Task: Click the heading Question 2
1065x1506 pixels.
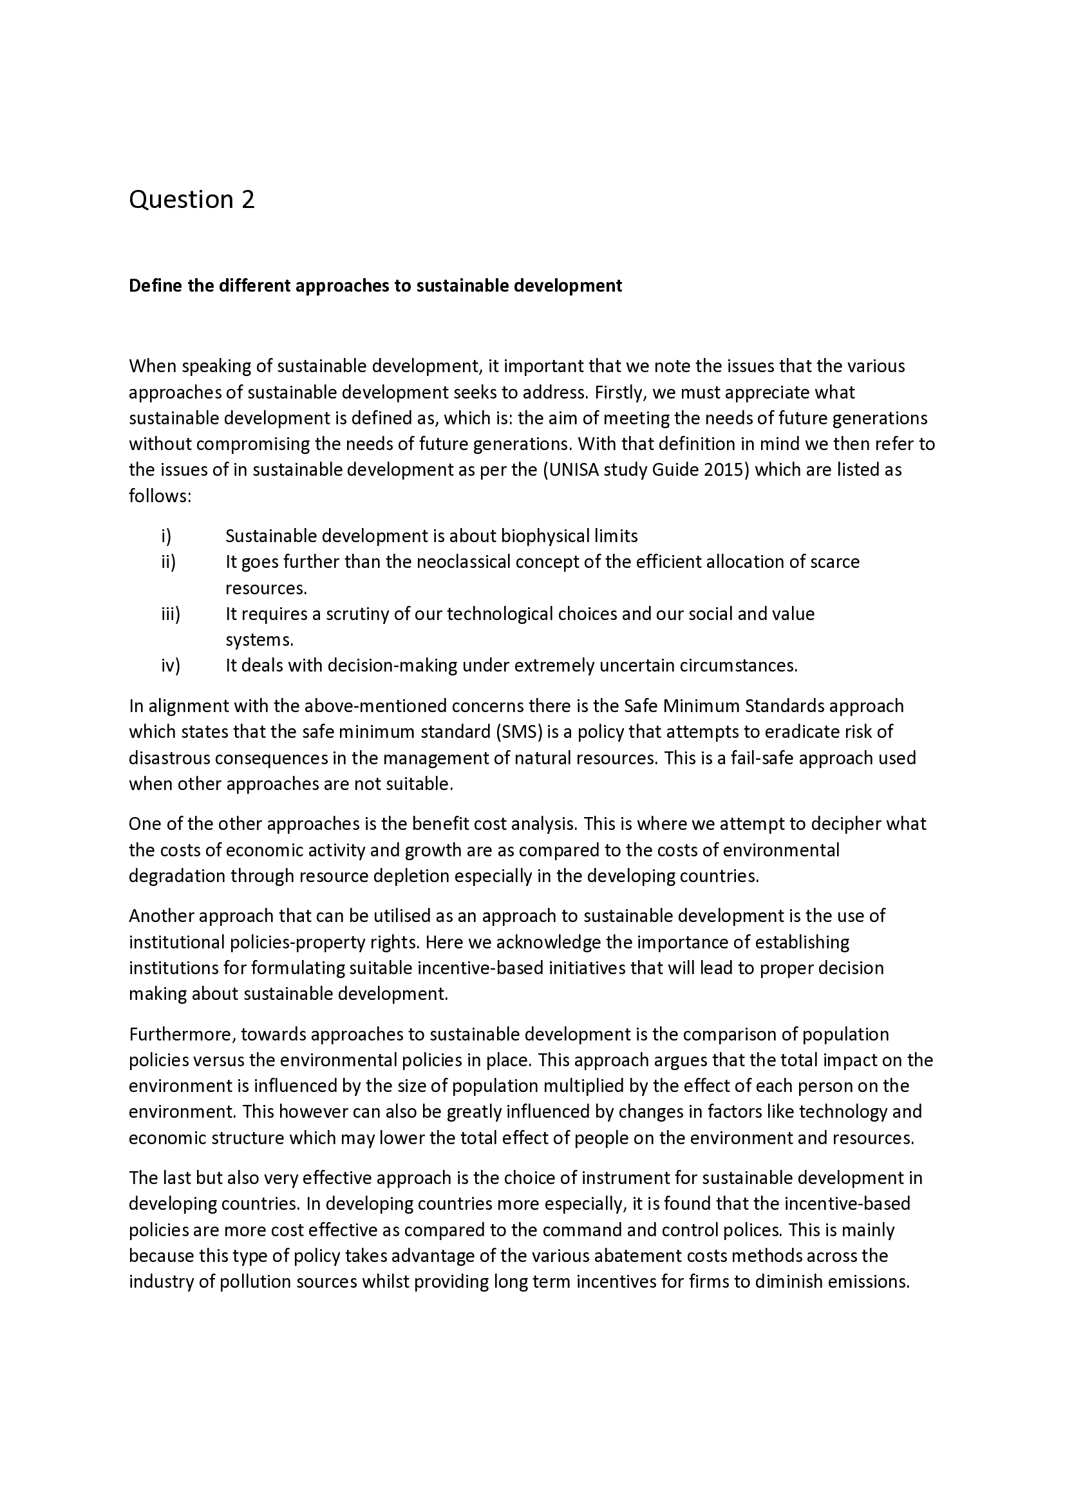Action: tap(191, 200)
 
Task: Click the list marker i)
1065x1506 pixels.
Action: tap(166, 536)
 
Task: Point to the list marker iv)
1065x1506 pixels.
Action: tap(170, 666)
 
